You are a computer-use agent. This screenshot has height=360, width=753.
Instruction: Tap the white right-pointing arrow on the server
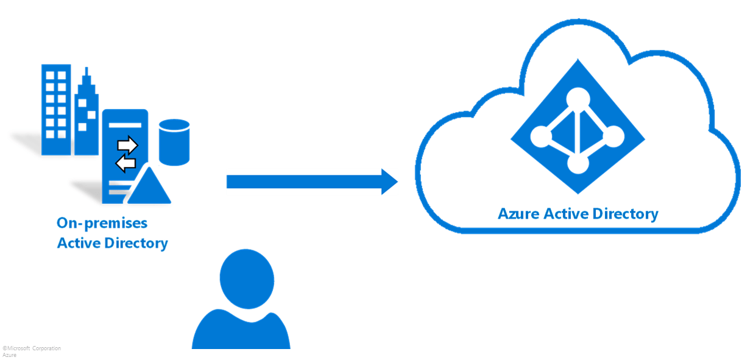pyautogui.click(x=128, y=146)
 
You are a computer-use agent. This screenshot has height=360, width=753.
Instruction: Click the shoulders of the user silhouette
pyautogui.click(x=241, y=332)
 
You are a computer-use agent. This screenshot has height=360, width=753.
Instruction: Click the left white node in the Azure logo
pyautogui.click(x=541, y=135)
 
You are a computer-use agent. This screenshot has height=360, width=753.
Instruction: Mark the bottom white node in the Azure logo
pyautogui.click(x=576, y=163)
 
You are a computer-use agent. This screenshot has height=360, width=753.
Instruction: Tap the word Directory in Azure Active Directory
pyautogui.click(x=627, y=214)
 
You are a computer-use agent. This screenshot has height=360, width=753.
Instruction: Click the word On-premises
pyautogui.click(x=102, y=223)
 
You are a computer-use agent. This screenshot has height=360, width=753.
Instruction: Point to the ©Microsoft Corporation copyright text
pyautogui.click(x=32, y=348)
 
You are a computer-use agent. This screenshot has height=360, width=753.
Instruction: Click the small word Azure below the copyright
pyautogui.click(x=9, y=355)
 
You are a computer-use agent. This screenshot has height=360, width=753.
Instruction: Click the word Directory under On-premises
pyautogui.click(x=136, y=244)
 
